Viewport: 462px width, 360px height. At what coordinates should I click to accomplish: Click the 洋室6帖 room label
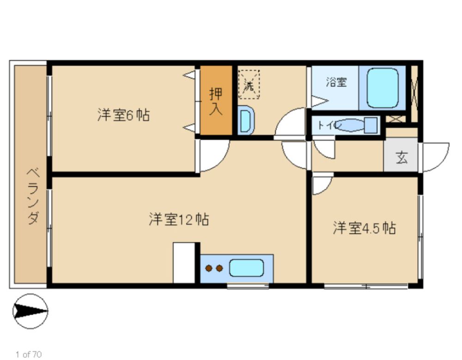coord(123,115)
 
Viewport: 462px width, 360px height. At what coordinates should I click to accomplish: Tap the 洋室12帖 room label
coord(179,219)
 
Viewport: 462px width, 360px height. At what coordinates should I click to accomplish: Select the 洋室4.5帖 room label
coord(364,228)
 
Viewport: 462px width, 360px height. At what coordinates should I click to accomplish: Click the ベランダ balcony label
coord(33,196)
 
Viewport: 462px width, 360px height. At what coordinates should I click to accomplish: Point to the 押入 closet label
coord(216,101)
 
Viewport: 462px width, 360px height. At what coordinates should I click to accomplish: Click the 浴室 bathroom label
coord(336,82)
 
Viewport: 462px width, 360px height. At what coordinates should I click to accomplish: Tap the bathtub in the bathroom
coord(383,87)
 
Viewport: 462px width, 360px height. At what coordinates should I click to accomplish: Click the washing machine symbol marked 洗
coord(249,84)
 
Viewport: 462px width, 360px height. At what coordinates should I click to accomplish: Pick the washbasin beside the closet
coord(246,121)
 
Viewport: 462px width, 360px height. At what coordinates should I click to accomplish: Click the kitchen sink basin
coord(246,268)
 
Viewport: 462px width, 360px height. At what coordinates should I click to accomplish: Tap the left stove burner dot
coord(209,268)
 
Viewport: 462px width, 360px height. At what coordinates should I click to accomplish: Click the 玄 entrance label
coord(401,157)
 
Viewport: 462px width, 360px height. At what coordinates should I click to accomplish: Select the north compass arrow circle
coord(30,311)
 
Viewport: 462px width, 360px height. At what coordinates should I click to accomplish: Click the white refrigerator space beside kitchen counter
coord(184,262)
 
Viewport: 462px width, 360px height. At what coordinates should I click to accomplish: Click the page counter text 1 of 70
coord(29,354)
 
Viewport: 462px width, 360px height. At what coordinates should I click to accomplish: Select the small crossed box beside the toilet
coord(396,119)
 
